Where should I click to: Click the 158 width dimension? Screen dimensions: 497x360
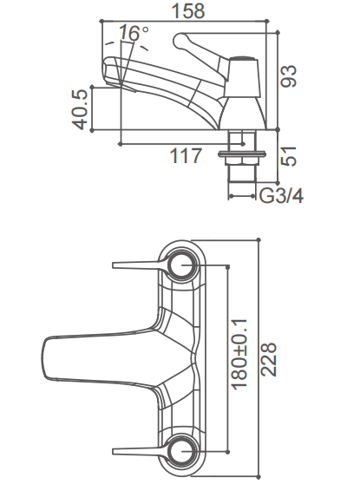click(187, 10)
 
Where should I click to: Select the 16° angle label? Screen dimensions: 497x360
click(134, 33)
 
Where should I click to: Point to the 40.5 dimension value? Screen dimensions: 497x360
click(81, 109)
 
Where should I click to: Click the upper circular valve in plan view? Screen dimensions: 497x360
click(184, 262)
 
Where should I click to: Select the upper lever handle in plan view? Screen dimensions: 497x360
click(139, 262)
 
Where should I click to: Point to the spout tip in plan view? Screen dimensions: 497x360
click(50, 356)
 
